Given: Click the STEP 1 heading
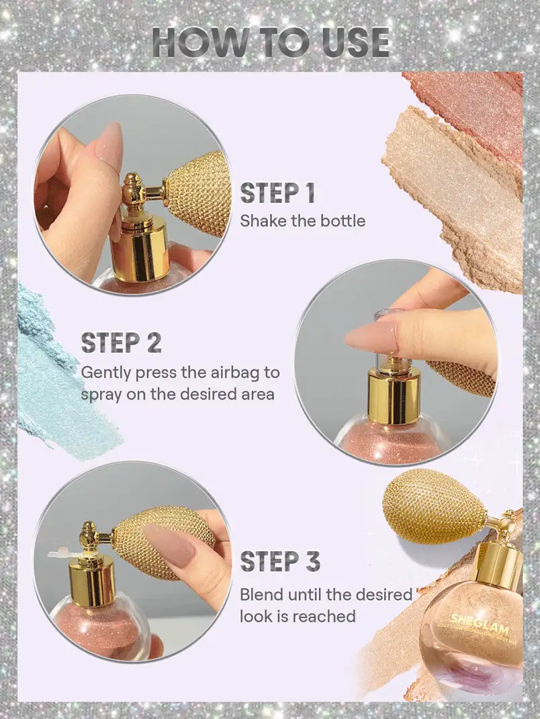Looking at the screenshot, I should [277, 193].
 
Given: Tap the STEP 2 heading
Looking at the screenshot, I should [121, 342].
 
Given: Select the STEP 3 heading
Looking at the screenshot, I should [279, 561].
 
